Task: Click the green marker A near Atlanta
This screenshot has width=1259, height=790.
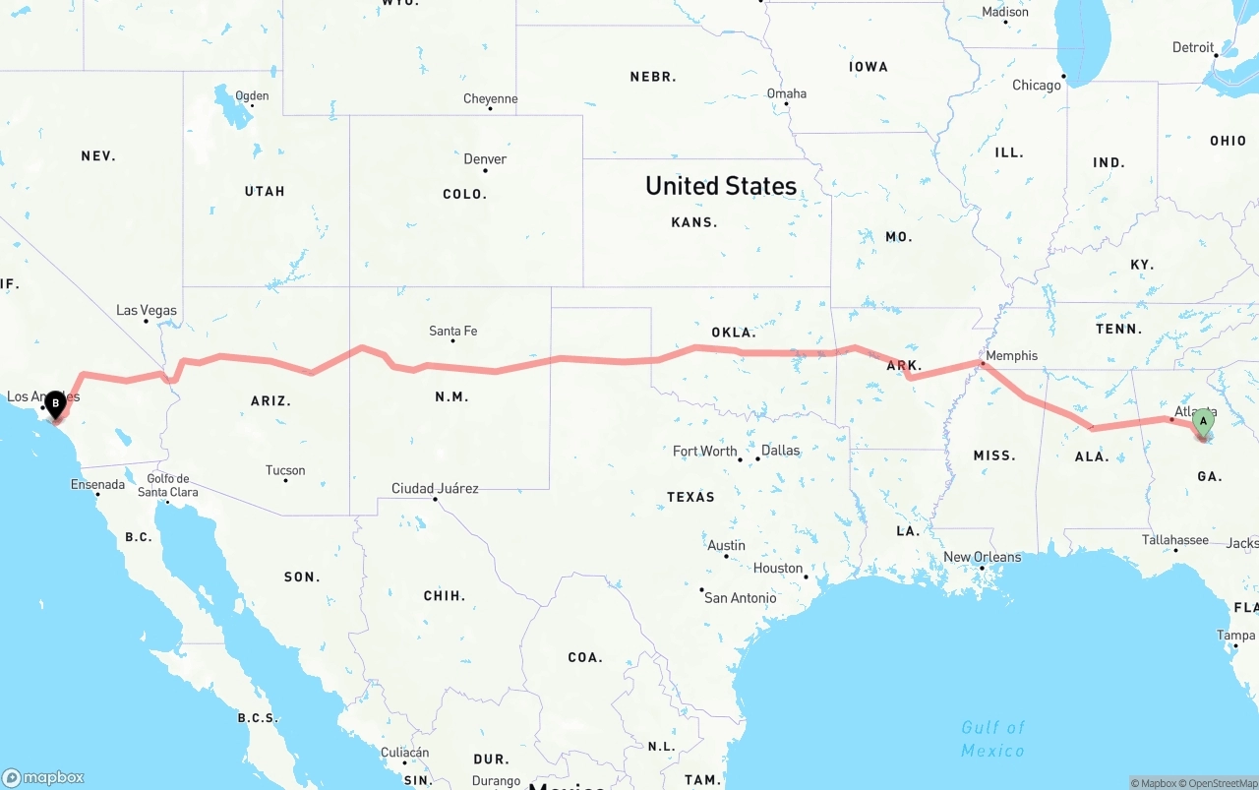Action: [x=1202, y=422]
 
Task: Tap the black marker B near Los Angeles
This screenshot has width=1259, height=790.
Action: [x=56, y=402]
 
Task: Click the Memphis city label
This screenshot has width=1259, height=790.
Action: [x=1011, y=356]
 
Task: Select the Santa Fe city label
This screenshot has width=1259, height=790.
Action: [x=452, y=332]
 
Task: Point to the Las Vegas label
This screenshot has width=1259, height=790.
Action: [x=147, y=311]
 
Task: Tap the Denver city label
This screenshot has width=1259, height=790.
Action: [x=485, y=159]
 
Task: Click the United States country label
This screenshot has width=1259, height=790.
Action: [x=721, y=186]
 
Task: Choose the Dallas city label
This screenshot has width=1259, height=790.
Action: [x=780, y=451]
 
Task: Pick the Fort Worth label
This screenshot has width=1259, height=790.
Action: [x=704, y=452]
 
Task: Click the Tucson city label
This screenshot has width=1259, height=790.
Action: [x=285, y=471]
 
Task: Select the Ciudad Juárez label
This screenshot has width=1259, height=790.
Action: [x=435, y=489]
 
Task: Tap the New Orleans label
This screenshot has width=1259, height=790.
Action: [x=982, y=558]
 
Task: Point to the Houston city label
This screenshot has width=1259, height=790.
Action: [x=778, y=569]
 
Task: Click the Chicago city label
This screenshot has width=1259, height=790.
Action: [x=1037, y=86]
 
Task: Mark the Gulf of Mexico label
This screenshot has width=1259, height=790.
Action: [x=992, y=739]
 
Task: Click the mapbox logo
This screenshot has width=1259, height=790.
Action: [x=43, y=777]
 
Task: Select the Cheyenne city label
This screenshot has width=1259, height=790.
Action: [x=490, y=99]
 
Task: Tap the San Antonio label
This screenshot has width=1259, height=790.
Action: [x=740, y=598]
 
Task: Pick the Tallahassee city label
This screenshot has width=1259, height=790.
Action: [x=1174, y=540]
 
